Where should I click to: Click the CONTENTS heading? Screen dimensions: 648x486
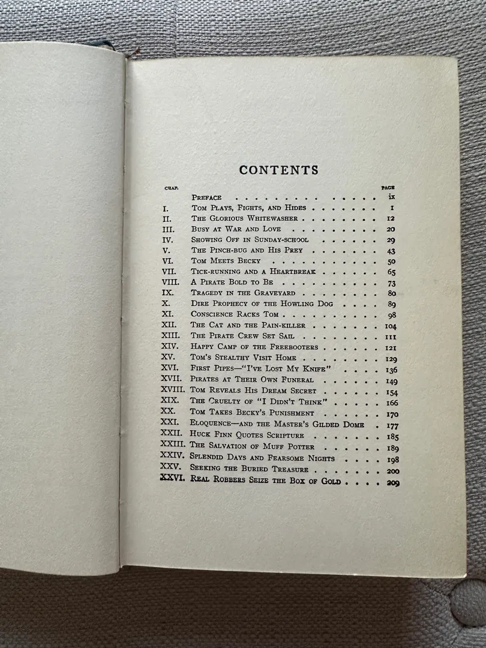pyautogui.click(x=279, y=170)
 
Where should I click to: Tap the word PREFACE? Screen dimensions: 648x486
pyautogui.click(x=206, y=197)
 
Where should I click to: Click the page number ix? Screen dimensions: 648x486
pyautogui.click(x=391, y=197)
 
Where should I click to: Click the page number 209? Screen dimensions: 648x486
pyautogui.click(x=393, y=482)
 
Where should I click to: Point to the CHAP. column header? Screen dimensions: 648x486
pyautogui.click(x=169, y=188)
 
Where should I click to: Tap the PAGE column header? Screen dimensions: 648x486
pyautogui.click(x=388, y=188)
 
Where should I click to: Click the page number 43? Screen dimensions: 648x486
pyautogui.click(x=391, y=251)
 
